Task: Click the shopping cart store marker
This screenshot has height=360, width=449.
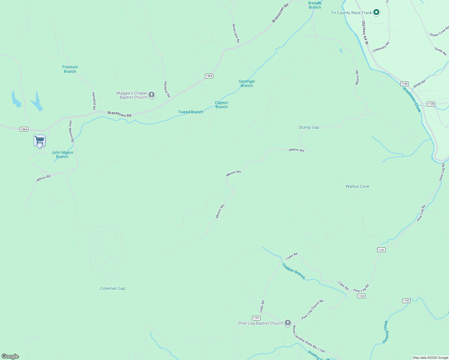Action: point(39,140)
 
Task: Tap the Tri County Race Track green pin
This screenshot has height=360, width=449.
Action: point(376,13)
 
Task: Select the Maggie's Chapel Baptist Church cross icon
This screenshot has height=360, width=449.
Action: point(152,95)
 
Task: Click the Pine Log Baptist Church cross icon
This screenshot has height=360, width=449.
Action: point(288,323)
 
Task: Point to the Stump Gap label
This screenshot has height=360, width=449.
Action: point(309,127)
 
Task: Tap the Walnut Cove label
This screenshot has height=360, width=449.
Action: point(357,186)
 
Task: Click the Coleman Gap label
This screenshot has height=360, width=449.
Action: point(113,288)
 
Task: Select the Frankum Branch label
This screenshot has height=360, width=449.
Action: point(70,69)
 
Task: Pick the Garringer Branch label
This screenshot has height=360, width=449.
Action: point(247,83)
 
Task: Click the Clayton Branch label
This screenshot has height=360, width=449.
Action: point(221,105)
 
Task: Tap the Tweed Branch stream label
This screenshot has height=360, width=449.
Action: point(191,112)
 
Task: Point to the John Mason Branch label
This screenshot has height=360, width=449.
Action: point(62,154)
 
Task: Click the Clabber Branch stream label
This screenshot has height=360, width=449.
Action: point(294,271)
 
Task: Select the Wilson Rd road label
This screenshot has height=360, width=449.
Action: point(44,178)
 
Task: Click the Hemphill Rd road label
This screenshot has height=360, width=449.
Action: point(94,101)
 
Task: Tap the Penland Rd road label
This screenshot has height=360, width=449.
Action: point(167,89)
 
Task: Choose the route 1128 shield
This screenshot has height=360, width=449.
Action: point(431,104)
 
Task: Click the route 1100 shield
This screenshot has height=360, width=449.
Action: point(404,84)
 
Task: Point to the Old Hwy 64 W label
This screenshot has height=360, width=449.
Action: point(365,33)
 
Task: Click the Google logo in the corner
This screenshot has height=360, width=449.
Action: point(10,356)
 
